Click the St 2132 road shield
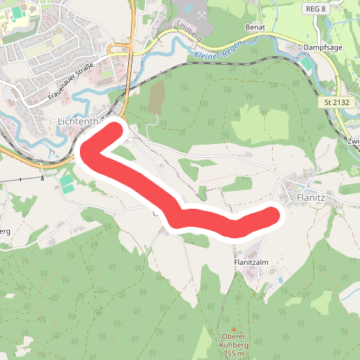click(337, 104)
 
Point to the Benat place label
click(256, 27)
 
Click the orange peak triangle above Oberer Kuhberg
click(233, 328)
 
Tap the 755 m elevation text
click(233, 354)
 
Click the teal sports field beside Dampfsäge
click(307, 64)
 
